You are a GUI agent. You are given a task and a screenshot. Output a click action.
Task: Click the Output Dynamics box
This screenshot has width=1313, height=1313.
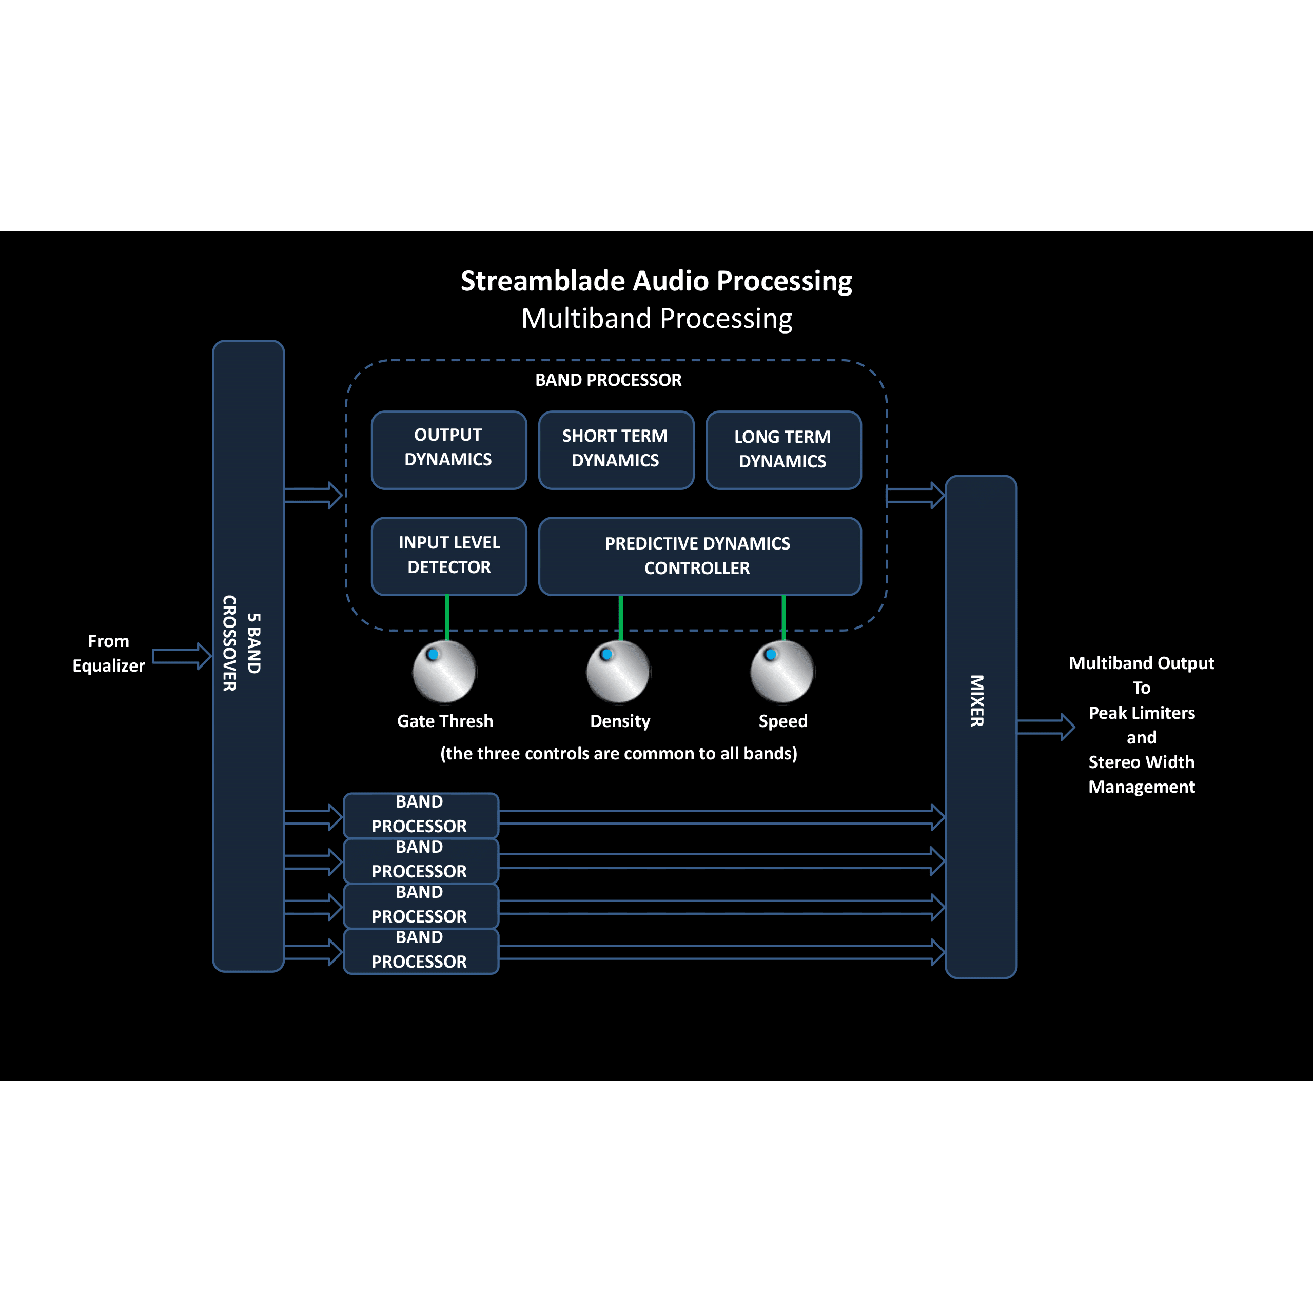pos(448,450)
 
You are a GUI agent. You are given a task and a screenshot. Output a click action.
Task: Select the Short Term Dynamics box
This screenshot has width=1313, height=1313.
pos(616,450)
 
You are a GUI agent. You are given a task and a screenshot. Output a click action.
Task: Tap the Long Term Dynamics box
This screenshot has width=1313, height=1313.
pos(783,450)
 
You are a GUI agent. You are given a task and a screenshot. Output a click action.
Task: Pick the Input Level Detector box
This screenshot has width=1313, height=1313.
pos(448,556)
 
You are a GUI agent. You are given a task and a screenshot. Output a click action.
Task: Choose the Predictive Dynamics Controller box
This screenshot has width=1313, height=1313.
pos(699,556)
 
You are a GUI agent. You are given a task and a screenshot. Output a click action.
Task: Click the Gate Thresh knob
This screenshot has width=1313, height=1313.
pos(444,672)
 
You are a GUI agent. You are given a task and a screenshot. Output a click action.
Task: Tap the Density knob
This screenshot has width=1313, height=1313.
pos(618,672)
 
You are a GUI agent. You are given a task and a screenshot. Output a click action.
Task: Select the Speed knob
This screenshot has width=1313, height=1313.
pos(782,672)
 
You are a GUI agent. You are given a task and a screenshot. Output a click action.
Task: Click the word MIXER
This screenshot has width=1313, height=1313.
pos(976,701)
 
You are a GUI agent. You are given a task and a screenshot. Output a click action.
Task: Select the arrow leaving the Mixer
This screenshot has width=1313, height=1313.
pos(1045,727)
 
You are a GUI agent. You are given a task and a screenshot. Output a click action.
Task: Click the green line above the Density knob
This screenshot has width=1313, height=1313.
pos(620,617)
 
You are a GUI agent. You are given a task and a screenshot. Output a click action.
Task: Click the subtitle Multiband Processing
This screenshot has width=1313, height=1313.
pos(657,319)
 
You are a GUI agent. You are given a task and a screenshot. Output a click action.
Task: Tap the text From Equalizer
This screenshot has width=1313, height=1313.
pos(109,653)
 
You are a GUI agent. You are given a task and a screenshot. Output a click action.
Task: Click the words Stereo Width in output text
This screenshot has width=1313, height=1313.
pos(1141,762)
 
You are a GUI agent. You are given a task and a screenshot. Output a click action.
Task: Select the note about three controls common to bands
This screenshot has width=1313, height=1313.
pos(618,754)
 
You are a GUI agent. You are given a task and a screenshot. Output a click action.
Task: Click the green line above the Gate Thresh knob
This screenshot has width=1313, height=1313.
pos(446,617)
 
